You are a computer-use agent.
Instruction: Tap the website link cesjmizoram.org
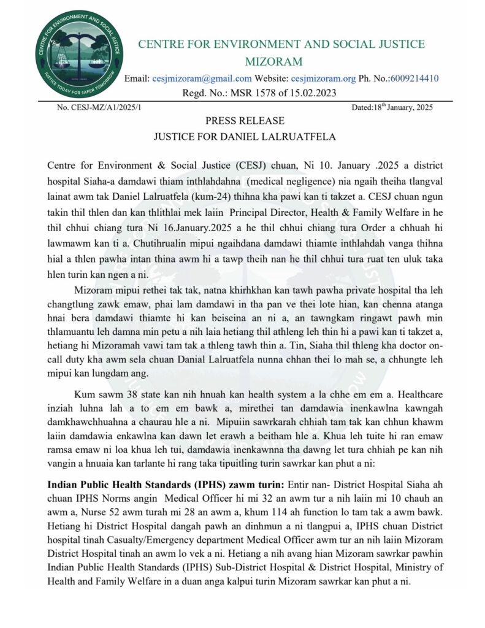[x=323, y=78]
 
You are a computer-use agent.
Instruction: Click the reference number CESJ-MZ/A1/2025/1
[x=99, y=107]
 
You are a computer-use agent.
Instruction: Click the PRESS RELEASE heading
[x=245, y=121]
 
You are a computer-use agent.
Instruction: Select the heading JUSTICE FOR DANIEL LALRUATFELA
[x=245, y=136]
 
